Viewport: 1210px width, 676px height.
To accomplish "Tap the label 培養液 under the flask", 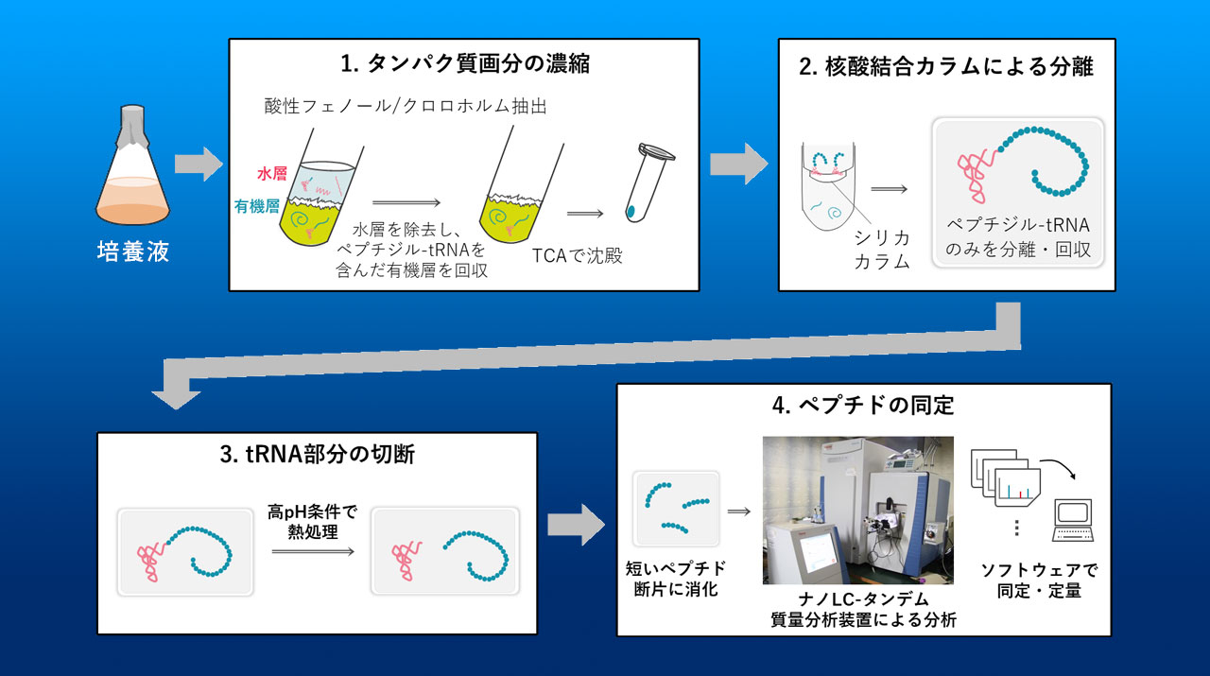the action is tap(133, 251).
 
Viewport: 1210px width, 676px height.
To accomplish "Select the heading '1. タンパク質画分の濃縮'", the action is tap(464, 63).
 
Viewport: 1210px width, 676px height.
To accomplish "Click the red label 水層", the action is tap(272, 173).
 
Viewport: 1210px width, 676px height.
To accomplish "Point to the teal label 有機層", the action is tap(257, 206).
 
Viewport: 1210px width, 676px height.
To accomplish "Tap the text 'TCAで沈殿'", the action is tap(577, 255).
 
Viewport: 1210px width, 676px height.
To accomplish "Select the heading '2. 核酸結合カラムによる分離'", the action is tap(946, 67).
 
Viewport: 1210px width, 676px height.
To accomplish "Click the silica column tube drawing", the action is tap(829, 186).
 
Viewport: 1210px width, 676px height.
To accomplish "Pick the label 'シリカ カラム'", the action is tap(882, 250).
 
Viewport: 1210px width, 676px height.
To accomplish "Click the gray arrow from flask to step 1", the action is tap(199, 164).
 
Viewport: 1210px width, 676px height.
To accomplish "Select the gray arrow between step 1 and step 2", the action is tap(739, 164).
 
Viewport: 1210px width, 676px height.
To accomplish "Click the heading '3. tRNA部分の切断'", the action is tap(317, 455).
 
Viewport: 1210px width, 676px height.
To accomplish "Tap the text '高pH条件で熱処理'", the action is tap(312, 522).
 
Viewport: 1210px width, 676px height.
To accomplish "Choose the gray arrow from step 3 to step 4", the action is tap(576, 525).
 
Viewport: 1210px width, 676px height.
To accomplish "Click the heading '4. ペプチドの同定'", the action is tap(863, 406).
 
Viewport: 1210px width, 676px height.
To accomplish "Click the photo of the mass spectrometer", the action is tap(857, 511).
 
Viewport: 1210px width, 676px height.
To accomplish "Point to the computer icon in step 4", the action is tap(1073, 520).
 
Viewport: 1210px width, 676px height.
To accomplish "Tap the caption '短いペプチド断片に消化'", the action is tap(676, 579).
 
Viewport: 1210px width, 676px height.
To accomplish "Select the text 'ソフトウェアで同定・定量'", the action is tap(1039, 581).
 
